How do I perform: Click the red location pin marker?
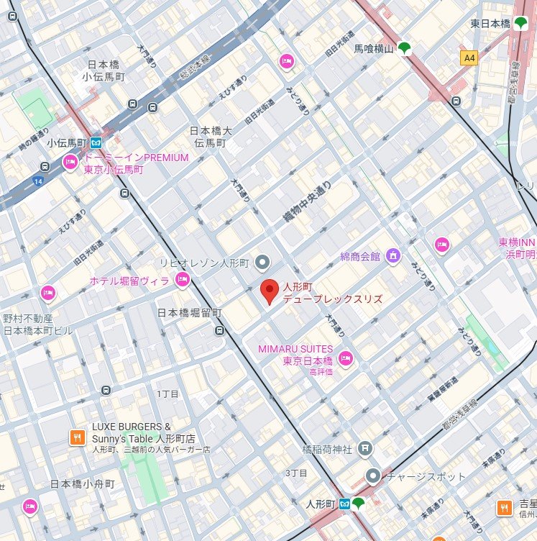click(269, 291)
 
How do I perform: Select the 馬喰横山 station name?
click(374, 49)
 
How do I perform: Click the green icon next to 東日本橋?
click(520, 24)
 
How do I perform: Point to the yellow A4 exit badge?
click(469, 58)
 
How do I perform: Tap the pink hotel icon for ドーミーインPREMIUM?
click(70, 163)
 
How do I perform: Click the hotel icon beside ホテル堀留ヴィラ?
click(183, 280)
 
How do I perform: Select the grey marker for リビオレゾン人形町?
click(263, 260)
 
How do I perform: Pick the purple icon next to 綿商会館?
click(393, 255)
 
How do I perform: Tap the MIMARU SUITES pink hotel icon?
click(345, 358)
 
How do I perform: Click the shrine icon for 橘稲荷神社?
click(365, 449)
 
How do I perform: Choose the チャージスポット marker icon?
click(372, 476)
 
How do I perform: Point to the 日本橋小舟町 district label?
click(82, 484)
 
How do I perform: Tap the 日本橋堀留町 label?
click(190, 313)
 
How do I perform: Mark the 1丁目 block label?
click(167, 394)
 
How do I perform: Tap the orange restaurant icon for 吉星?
click(505, 508)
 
